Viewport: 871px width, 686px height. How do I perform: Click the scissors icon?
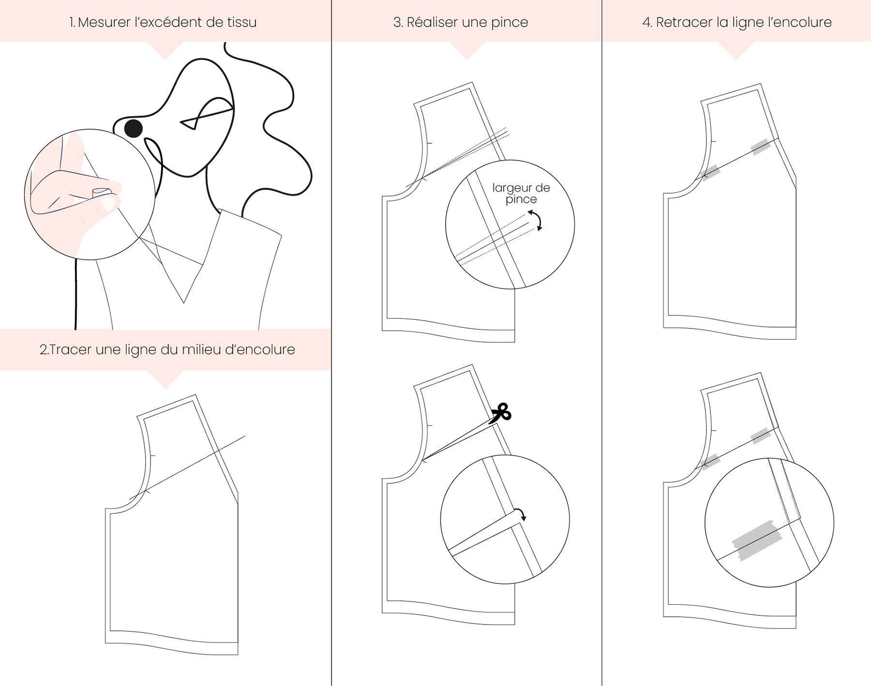[500, 414]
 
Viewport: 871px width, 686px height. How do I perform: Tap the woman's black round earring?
[134, 128]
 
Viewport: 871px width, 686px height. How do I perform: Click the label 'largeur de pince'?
[521, 194]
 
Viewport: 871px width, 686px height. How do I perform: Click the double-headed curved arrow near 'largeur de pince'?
[537, 221]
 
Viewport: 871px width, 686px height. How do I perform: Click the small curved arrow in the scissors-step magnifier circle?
[520, 514]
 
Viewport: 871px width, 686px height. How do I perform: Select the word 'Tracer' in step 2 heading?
[71, 349]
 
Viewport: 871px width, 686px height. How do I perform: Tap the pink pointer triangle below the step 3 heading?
[467, 50]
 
